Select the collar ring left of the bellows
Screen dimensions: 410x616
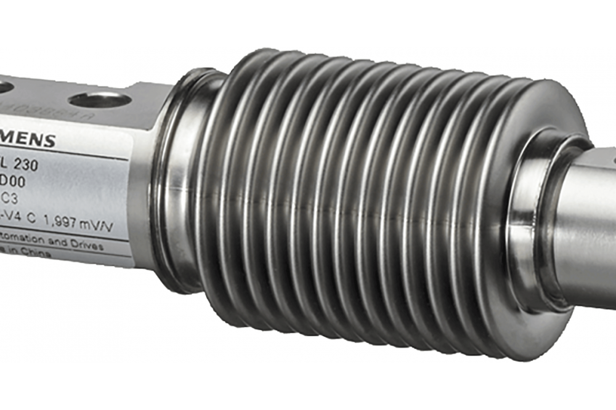point(179,179)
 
